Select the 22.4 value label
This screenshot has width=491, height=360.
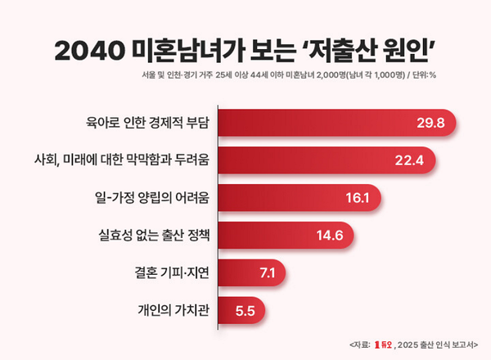407,160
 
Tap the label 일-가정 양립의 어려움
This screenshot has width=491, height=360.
152,198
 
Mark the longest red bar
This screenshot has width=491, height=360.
336,124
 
